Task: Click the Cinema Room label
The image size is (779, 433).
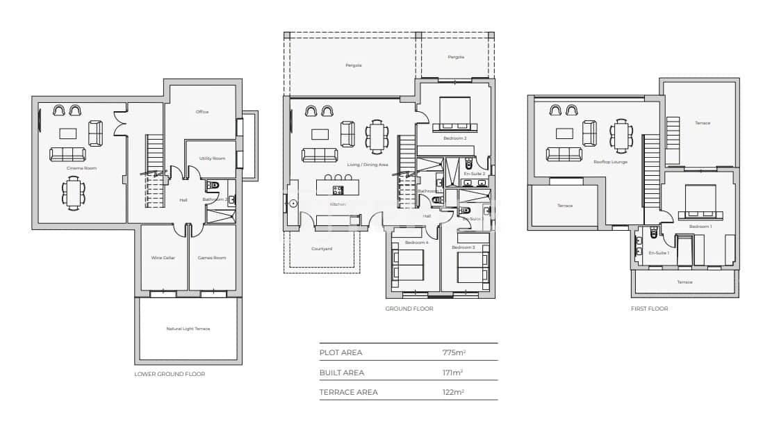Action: click(81, 168)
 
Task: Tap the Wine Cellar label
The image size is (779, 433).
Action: click(163, 258)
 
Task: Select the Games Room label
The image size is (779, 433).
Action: click(212, 258)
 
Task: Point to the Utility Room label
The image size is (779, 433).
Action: click(212, 158)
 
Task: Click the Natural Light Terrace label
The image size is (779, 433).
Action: click(188, 329)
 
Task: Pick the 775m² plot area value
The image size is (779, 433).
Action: click(454, 352)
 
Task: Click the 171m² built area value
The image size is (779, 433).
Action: click(453, 373)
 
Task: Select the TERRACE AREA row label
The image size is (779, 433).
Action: click(348, 392)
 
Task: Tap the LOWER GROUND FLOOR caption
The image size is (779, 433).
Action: click(170, 374)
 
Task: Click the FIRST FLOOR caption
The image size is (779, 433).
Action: click(649, 309)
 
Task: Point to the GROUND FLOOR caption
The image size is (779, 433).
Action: click(409, 309)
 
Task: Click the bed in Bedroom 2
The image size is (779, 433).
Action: click(454, 115)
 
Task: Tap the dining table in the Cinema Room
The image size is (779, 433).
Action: click(74, 193)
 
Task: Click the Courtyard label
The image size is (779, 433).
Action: click(322, 248)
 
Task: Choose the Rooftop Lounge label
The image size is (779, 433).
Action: click(610, 161)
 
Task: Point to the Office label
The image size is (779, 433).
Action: click(202, 112)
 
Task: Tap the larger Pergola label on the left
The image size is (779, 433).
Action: click(354, 65)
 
